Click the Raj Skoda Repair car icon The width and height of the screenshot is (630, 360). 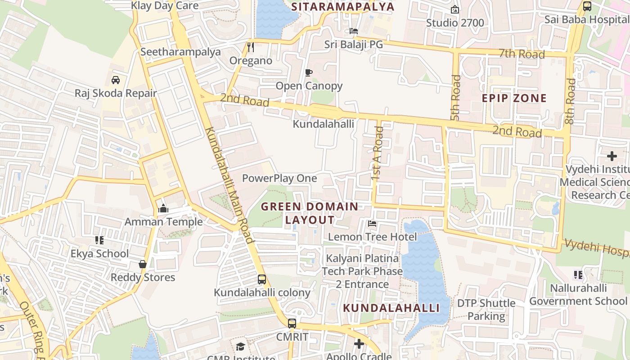pos(116,80)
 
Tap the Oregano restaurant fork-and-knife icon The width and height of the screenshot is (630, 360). pos(251,47)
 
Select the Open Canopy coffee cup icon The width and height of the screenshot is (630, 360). pos(309,72)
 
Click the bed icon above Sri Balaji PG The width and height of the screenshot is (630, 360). pos(354,31)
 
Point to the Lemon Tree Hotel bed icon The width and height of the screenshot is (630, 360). pos(372,223)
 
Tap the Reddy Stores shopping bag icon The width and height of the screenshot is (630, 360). pos(143,264)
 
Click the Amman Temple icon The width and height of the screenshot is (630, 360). pos(163,208)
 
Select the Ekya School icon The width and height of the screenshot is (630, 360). pos(99,240)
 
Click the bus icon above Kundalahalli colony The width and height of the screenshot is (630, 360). pos(262,279)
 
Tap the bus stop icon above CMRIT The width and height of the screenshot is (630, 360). pos(292,323)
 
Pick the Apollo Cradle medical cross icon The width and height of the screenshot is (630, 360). pos(359,344)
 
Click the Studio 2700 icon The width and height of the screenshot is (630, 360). pos(455,9)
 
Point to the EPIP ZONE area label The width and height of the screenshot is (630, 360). pos(514,98)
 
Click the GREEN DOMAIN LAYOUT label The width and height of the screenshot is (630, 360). pos(310,213)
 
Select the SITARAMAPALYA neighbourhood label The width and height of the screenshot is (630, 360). pos(342,7)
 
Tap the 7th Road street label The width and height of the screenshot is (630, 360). pos(522,54)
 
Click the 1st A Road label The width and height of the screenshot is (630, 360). pos(378,153)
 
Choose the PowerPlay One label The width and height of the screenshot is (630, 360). pos(279,178)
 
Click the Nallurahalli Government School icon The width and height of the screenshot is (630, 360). pos(578,274)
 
